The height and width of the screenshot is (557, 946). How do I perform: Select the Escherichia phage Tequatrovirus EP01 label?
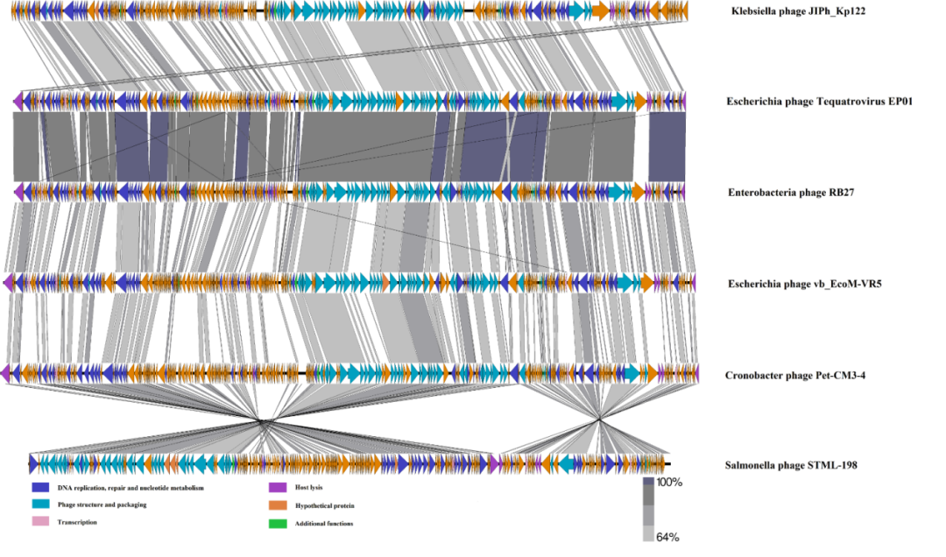click(820, 102)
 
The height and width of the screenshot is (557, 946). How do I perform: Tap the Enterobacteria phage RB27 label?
click(791, 192)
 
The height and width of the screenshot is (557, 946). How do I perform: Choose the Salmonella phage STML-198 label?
click(791, 465)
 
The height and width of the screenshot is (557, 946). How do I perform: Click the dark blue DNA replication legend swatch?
click(39, 487)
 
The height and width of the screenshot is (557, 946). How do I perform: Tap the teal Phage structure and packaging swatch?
click(39, 504)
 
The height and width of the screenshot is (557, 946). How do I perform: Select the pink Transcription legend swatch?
click(39, 522)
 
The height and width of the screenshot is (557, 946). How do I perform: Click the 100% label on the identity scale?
click(668, 483)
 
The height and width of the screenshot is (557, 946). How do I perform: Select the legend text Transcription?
click(77, 522)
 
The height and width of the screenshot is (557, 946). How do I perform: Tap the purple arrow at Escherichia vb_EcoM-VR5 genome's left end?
click(9, 283)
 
